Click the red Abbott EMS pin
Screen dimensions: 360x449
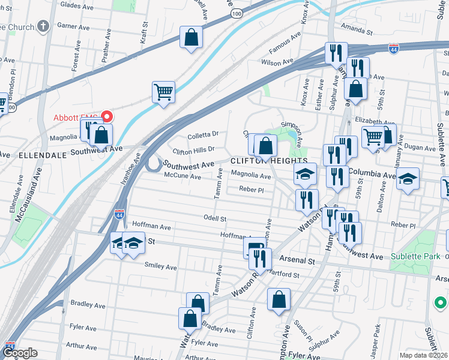coord(107,116)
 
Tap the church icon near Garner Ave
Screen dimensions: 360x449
coord(43,26)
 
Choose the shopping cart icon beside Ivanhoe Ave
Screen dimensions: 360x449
coord(163,92)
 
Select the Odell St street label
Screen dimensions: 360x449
coord(215,220)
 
